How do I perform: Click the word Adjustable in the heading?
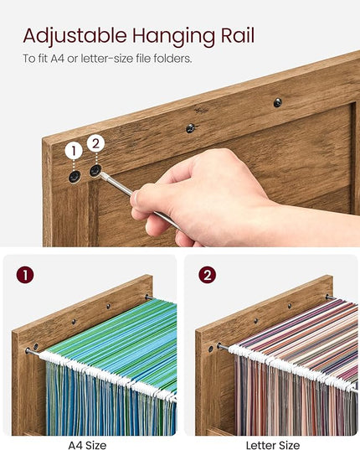point(75,36)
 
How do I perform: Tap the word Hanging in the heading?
point(173,37)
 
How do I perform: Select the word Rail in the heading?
point(237,35)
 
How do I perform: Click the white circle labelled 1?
point(74,151)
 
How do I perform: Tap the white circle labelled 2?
point(95,143)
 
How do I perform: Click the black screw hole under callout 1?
point(75,177)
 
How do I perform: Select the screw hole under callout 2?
point(95,170)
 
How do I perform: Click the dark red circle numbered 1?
point(25,275)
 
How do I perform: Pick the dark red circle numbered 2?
point(208,275)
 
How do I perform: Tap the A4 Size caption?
point(87,445)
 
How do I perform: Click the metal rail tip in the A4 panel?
point(28,350)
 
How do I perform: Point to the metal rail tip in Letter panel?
point(219,345)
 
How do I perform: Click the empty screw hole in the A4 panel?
point(36,346)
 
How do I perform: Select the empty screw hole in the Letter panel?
point(211,349)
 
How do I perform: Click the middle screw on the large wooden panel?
point(190,128)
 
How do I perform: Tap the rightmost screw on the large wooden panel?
point(277,102)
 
